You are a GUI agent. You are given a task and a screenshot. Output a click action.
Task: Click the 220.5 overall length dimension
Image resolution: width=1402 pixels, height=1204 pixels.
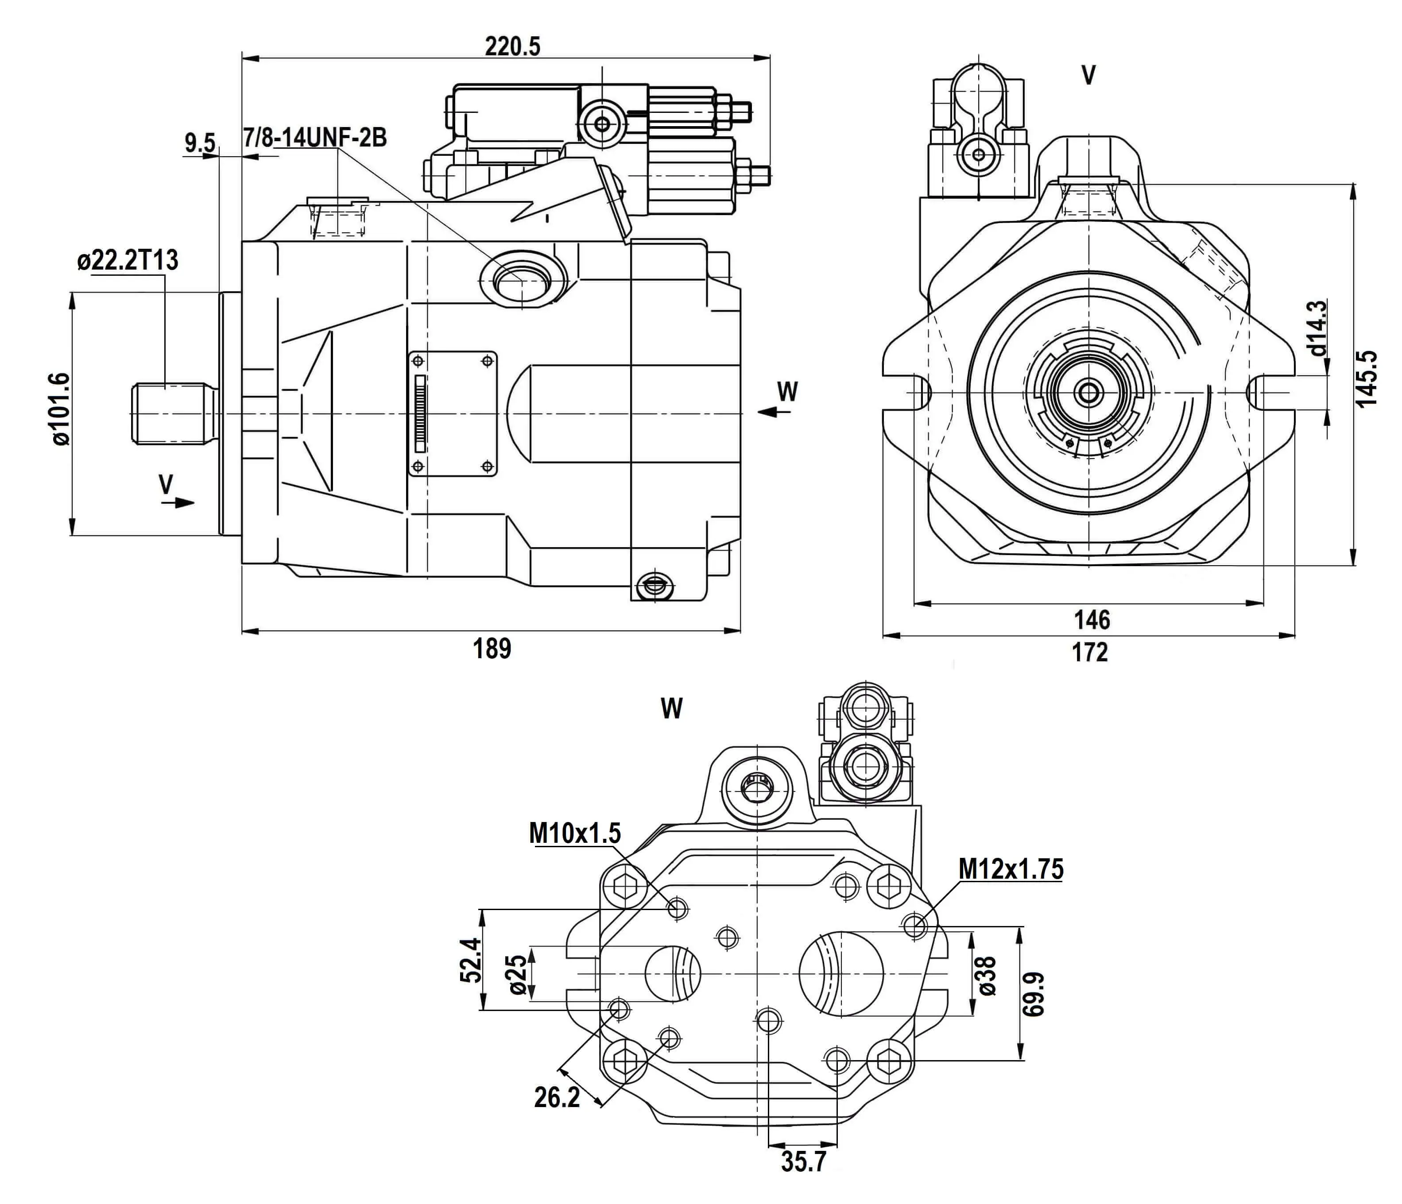tap(512, 46)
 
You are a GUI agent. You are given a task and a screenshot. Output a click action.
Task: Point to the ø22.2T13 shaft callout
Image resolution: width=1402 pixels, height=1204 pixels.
tap(128, 260)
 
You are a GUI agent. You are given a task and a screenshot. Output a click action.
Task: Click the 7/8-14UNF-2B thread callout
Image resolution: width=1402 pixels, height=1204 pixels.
tap(315, 138)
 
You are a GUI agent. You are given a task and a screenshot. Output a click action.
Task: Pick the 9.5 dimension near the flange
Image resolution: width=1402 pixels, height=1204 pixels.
tap(200, 143)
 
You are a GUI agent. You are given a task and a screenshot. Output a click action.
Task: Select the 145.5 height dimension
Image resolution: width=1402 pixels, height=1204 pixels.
tap(1367, 378)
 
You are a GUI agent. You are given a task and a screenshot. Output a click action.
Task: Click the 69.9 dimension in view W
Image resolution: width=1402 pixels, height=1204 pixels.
tap(1033, 994)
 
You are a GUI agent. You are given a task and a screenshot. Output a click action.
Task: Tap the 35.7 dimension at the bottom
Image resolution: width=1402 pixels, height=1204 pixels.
tap(804, 1162)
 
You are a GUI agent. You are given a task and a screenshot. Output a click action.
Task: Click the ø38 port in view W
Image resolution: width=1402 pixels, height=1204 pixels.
tap(841, 972)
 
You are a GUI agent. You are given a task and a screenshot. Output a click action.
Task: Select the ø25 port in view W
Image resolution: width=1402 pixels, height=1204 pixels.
tap(673, 972)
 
